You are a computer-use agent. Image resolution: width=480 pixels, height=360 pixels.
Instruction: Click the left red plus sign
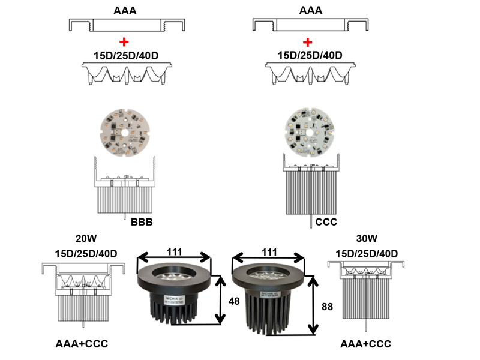click(124, 42)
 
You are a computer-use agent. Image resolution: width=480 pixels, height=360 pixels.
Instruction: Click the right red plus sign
click(308, 42)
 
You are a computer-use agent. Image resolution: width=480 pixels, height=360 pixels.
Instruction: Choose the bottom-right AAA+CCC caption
click(365, 344)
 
